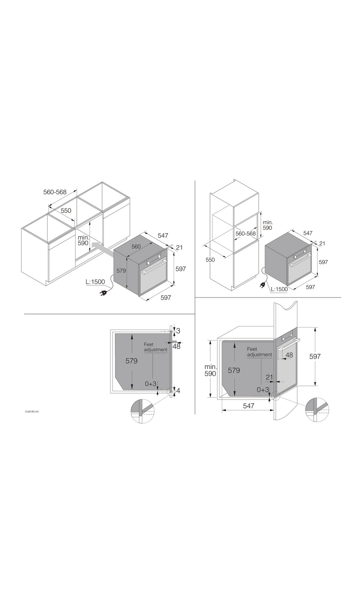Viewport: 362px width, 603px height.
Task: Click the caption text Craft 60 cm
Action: point(32,412)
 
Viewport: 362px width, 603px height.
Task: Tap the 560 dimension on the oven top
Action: point(136,246)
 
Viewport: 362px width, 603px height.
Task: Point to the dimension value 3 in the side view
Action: point(178,330)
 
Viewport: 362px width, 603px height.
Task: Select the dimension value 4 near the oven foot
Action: point(178,390)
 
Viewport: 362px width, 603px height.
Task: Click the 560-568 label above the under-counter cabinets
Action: point(55,192)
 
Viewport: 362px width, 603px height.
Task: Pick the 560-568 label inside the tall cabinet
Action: point(246,234)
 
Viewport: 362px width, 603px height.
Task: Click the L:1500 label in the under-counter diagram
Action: point(95,282)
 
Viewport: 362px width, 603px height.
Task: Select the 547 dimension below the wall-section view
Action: point(249,406)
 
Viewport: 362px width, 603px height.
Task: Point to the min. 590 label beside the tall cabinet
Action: point(268,225)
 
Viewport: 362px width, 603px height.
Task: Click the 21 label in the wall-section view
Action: point(269,377)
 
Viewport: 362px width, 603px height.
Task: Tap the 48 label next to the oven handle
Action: point(289,355)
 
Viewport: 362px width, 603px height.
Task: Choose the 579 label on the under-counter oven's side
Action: point(121,271)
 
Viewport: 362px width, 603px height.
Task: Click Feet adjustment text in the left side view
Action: point(156,347)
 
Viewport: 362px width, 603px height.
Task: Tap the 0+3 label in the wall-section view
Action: point(263,390)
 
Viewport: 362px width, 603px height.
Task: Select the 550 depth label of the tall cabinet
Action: point(210,260)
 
